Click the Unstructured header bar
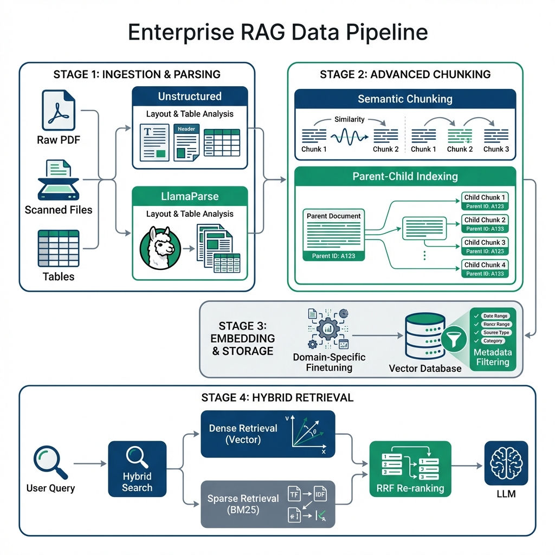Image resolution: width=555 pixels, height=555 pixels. tap(190, 96)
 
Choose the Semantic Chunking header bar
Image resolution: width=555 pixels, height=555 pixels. tap(405, 99)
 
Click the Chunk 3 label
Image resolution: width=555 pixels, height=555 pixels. tap(496, 149)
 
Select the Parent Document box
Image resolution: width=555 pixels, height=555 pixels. tap(333, 234)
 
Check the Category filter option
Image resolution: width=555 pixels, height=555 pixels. tap(492, 341)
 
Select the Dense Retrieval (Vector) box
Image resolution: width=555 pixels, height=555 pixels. tap(268, 434)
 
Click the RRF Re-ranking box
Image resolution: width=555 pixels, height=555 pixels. tap(410, 469)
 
